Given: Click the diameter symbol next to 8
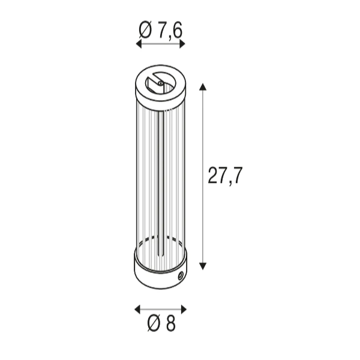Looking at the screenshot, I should (x=153, y=325).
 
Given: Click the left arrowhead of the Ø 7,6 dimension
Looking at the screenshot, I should (x=139, y=44).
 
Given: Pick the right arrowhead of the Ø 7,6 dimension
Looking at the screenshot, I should (x=183, y=44).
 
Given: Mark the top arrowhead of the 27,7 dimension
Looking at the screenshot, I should (x=203, y=87).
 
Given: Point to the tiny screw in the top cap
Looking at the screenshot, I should (x=160, y=83).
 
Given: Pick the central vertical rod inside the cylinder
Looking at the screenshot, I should (x=160, y=180).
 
